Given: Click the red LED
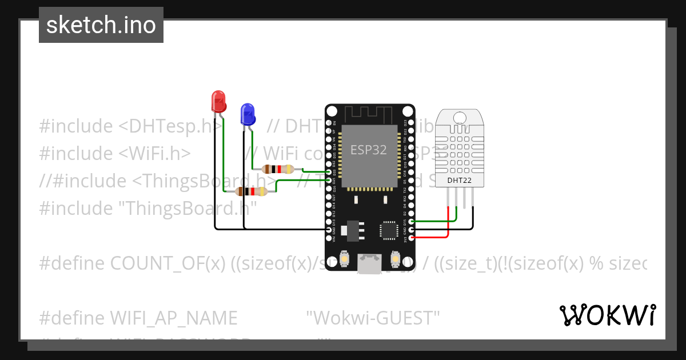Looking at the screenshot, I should tap(218, 101).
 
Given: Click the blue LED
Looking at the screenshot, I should tap(248, 114).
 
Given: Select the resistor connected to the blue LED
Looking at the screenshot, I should tap(278, 169).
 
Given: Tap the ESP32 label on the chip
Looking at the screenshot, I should tap(369, 150).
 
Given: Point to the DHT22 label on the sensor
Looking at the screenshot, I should tap(460, 180).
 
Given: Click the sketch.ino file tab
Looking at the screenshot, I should tap(101, 25).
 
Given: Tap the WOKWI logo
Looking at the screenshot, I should tap(607, 315).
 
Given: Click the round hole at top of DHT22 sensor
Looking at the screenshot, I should tap(460, 117).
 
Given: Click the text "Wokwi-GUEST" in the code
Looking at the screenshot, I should tap(373, 318).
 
